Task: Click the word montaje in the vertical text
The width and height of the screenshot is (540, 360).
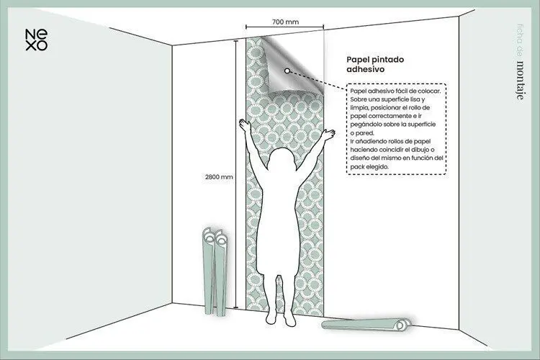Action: pos(520,80)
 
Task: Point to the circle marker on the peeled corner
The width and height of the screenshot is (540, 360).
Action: pos(287,71)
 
